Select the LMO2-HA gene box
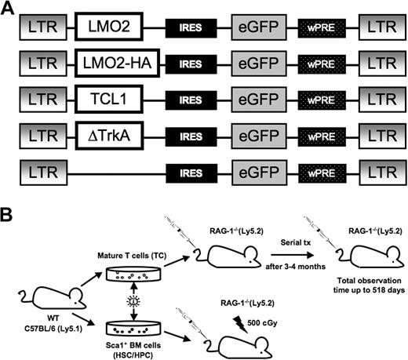pos(115,64)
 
